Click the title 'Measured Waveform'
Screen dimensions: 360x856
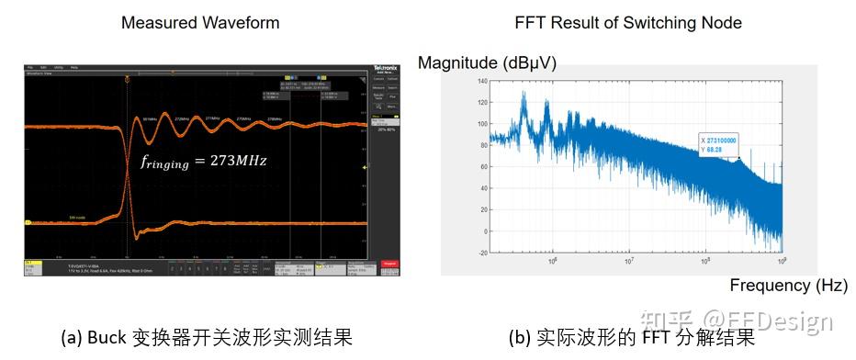(200, 22)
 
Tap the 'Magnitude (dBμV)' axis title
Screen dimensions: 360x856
(487, 62)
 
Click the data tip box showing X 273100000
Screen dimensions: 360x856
(718, 144)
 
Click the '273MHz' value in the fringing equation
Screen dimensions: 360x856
(237, 160)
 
